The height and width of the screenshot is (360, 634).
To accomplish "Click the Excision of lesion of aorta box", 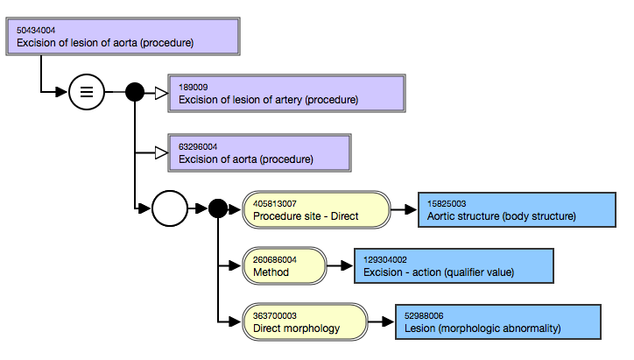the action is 123,37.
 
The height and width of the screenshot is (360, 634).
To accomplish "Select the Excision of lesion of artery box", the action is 286,94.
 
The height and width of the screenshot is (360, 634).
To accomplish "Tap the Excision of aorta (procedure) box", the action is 259,153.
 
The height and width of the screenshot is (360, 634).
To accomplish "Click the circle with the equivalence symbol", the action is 87,92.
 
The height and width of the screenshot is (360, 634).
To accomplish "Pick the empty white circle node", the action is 170,208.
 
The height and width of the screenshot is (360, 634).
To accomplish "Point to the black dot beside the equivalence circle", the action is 135,92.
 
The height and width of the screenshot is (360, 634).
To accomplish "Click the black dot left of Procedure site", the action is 218,208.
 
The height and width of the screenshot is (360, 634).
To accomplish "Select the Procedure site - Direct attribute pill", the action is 316,210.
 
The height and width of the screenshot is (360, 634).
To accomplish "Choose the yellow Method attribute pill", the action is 285,265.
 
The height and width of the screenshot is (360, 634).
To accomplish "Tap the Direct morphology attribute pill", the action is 305,322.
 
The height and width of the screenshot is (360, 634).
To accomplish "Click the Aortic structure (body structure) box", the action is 517,210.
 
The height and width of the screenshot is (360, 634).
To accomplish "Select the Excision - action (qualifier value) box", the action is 454,265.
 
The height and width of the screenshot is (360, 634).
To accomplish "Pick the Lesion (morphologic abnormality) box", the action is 498,322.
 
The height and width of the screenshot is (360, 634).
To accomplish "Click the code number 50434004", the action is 36,31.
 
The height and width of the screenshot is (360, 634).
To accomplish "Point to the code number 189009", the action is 194,88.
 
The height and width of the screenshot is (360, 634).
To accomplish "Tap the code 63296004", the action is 198,147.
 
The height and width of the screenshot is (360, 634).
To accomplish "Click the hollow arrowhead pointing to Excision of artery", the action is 161,94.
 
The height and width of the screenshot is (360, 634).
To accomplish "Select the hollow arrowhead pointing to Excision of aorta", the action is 161,153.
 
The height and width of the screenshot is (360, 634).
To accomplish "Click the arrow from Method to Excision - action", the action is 340,265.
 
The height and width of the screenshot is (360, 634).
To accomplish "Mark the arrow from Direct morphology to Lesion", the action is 381,322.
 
